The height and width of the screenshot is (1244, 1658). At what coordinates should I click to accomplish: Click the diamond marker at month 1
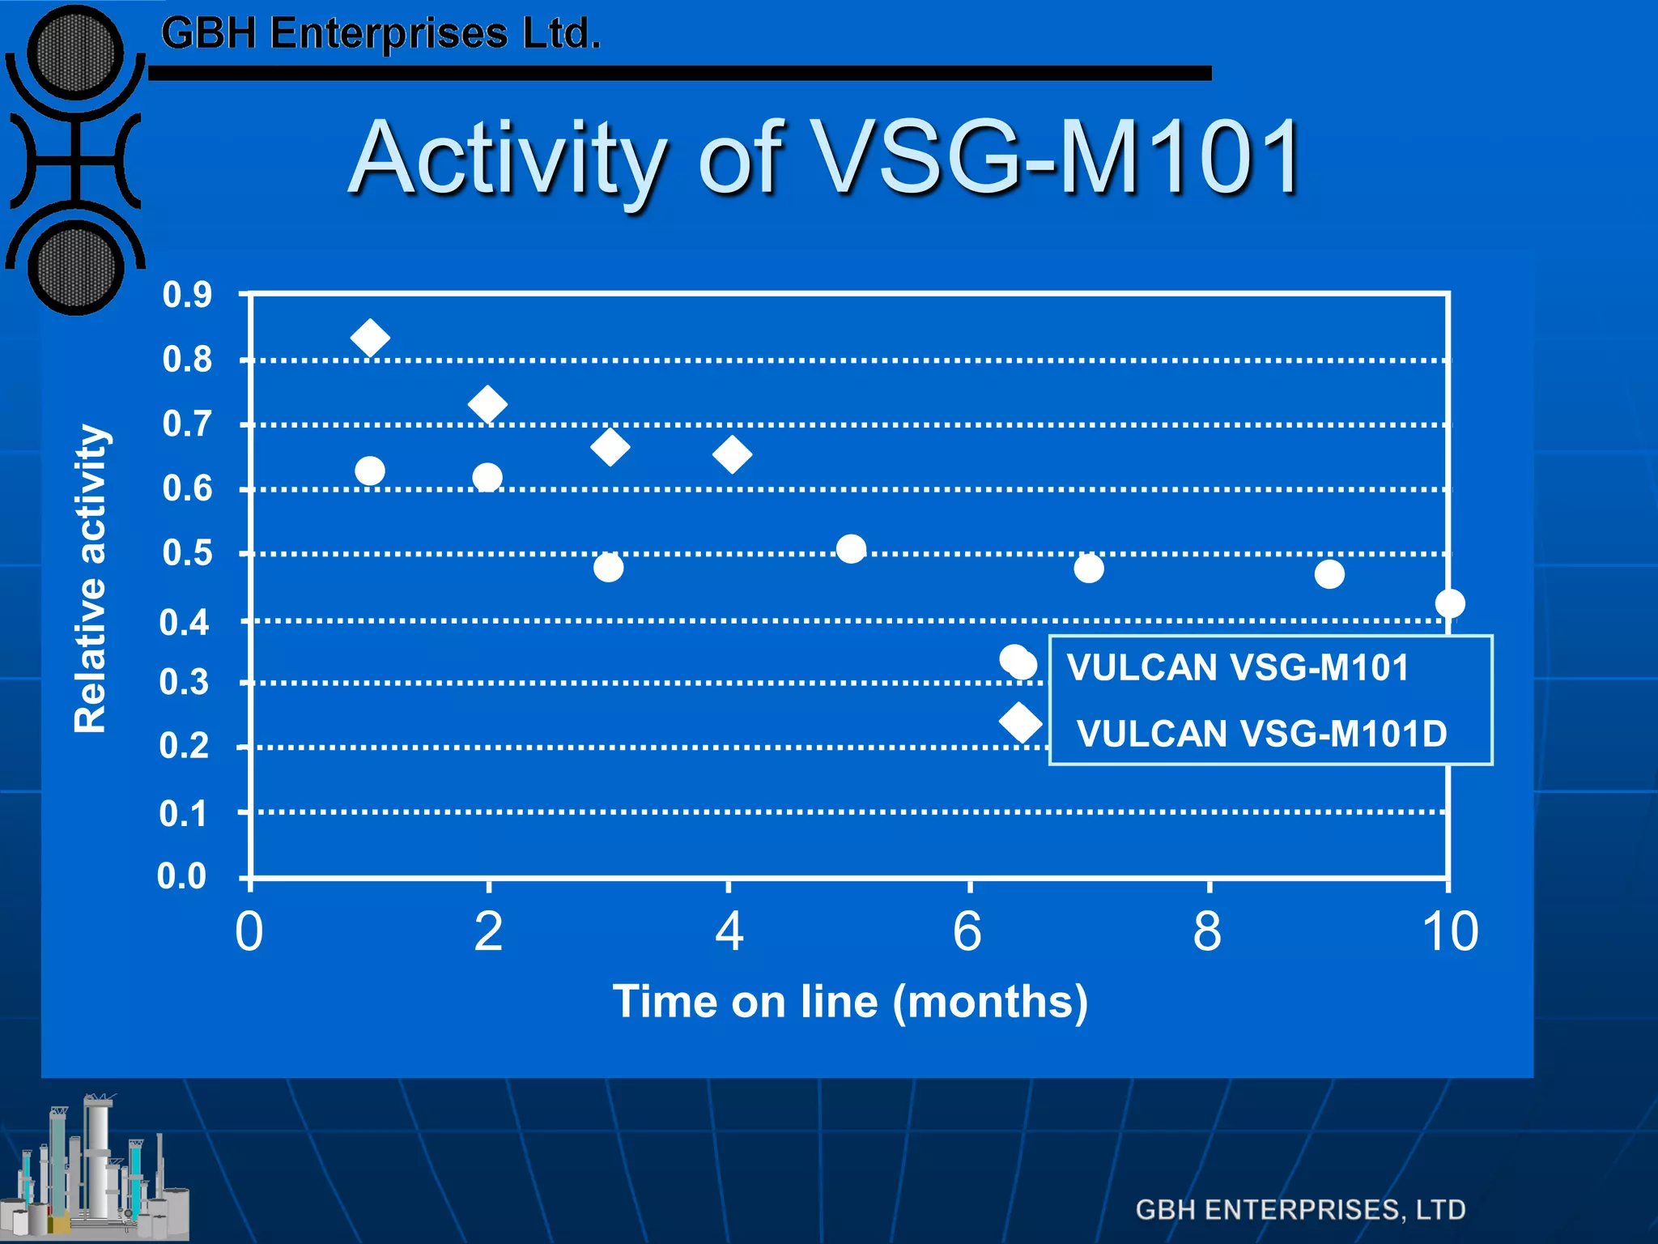[370, 338]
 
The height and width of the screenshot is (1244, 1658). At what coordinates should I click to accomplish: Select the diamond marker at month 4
[732, 454]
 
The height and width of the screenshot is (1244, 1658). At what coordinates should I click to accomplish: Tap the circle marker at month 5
[851, 549]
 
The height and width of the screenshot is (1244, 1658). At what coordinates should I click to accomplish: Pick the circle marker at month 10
[1450, 603]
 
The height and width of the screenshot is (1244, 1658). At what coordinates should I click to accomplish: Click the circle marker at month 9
[1329, 574]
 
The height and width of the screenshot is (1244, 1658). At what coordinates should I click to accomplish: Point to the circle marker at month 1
[370, 471]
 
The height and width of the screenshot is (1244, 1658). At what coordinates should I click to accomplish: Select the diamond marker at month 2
[487, 404]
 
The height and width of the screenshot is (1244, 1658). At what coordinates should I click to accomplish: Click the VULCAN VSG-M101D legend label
[1261, 734]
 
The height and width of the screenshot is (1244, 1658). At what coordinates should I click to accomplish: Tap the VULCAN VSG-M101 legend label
[1238, 668]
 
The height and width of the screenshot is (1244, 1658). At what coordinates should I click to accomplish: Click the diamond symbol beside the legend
[1020, 722]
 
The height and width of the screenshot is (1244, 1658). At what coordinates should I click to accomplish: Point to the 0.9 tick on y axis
[187, 295]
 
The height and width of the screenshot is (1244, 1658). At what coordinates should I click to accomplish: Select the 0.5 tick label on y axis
[187, 553]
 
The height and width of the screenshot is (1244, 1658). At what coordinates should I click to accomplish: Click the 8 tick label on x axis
[1207, 931]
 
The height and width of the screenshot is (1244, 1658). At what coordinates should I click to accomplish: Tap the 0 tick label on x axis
[249, 931]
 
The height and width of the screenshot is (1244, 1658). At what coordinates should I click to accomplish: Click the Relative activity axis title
[90, 578]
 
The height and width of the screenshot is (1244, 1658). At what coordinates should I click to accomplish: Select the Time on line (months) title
[850, 1002]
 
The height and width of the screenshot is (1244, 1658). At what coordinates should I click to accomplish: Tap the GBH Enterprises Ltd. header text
[380, 34]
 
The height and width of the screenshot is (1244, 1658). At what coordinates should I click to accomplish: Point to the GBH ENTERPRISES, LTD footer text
[1300, 1209]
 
